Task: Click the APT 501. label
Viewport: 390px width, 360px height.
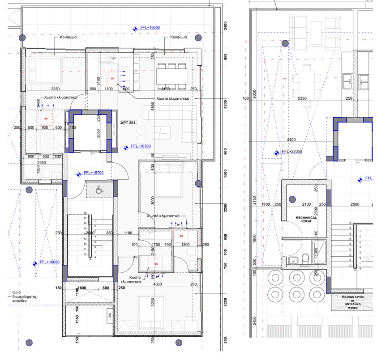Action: pyautogui.click(x=129, y=122)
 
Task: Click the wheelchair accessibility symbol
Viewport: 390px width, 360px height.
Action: pyautogui.click(x=99, y=190)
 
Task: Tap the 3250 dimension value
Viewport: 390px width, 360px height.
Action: pyautogui.click(x=56, y=89)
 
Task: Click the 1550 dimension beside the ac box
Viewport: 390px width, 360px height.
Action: pyautogui.click(x=77, y=319)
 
